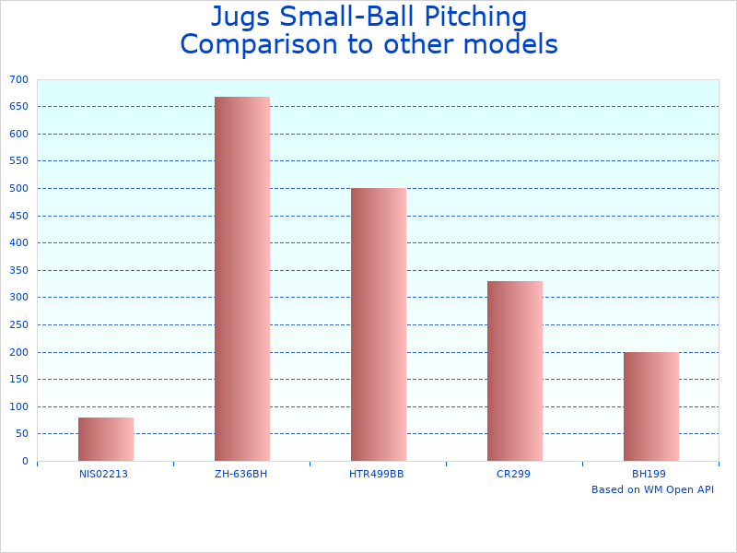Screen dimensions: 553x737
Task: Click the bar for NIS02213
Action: [105, 439]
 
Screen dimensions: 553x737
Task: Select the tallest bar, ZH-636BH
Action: [241, 278]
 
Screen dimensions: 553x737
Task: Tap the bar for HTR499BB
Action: [378, 324]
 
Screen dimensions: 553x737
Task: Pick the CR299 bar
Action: [514, 371]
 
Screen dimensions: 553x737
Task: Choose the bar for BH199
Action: [650, 406]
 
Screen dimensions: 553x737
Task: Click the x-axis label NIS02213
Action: [103, 474]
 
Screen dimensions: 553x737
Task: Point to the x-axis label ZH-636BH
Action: [240, 474]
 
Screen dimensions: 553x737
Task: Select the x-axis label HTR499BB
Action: [377, 474]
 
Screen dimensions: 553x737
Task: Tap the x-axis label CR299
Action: [513, 474]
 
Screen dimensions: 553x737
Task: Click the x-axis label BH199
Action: [649, 474]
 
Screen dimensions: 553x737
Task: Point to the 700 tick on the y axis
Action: [19, 79]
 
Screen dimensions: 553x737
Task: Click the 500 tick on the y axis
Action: [19, 188]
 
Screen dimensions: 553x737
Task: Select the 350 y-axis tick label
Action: [19, 270]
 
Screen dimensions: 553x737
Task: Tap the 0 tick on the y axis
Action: [25, 461]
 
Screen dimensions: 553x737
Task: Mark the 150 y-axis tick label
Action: [19, 379]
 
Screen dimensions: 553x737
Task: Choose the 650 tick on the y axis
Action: [19, 106]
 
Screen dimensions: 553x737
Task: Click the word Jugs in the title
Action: [240, 18]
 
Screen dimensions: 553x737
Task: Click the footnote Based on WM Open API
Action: [652, 489]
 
